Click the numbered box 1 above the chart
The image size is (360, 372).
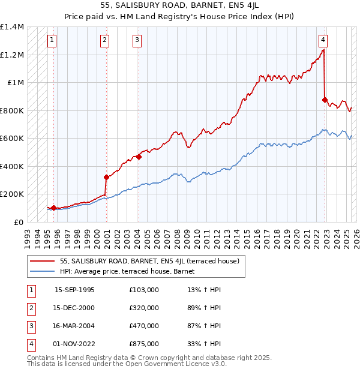pyautogui.click(x=52, y=40)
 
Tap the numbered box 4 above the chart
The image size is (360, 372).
pyautogui.click(x=323, y=40)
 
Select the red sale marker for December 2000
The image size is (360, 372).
pyautogui.click(x=106, y=177)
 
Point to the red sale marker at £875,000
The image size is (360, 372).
pyautogui.click(x=325, y=100)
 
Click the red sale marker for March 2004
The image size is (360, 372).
pyautogui.click(x=139, y=157)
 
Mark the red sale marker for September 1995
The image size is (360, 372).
pyautogui.click(x=53, y=208)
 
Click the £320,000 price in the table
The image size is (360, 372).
pyautogui.click(x=144, y=308)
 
